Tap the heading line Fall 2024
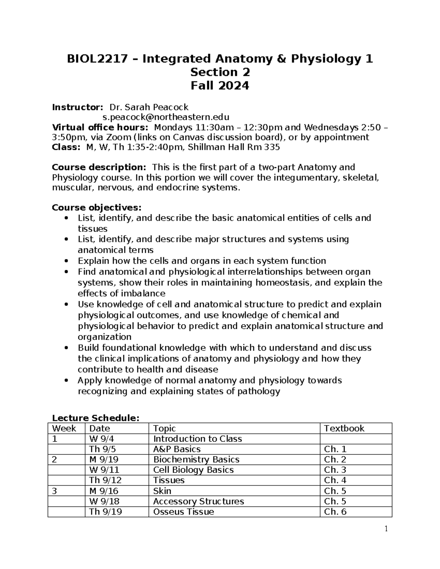(220, 86)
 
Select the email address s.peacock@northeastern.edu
(166, 117)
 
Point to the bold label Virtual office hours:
(100, 128)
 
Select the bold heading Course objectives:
(96, 208)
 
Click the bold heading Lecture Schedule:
(96, 418)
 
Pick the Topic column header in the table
(164, 428)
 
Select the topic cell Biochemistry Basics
(196, 459)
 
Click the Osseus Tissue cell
(183, 511)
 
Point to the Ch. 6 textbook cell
(335, 511)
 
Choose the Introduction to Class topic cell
(197, 439)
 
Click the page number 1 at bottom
(386, 529)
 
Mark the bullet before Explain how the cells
(66, 261)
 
